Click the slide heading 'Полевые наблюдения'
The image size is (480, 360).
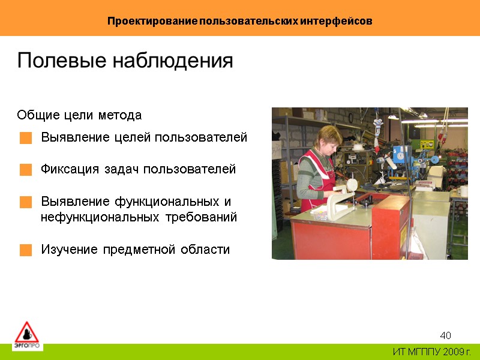pos(125,61)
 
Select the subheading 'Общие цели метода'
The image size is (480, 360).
pos(79,115)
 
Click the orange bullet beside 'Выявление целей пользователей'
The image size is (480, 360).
pos(25,139)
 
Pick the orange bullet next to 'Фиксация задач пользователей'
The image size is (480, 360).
pos(25,170)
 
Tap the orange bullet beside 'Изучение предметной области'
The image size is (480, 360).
pos(25,250)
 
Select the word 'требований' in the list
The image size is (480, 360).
pos(205,217)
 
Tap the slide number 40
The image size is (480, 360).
pos(445,335)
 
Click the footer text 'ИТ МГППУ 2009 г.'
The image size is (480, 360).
pos(431,352)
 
